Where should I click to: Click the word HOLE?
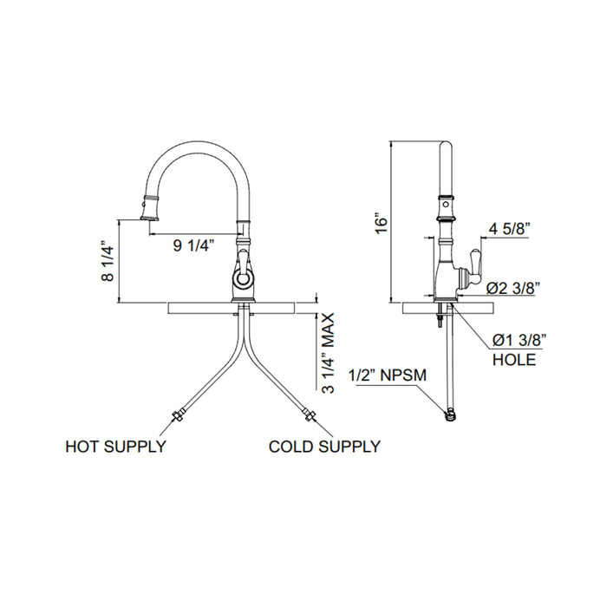pyautogui.click(x=513, y=358)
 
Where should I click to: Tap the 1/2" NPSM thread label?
pyautogui.click(x=385, y=376)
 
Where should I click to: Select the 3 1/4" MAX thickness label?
pyautogui.click(x=329, y=354)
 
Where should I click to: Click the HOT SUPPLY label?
pyautogui.click(x=116, y=447)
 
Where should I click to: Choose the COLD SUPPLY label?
pyautogui.click(x=324, y=447)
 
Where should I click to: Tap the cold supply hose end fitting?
pyautogui.click(x=310, y=416)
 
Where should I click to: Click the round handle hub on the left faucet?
pyautogui.click(x=243, y=277)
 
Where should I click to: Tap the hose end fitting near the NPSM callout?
pyautogui.click(x=450, y=416)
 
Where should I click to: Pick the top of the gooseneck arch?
pyautogui.click(x=195, y=141)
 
